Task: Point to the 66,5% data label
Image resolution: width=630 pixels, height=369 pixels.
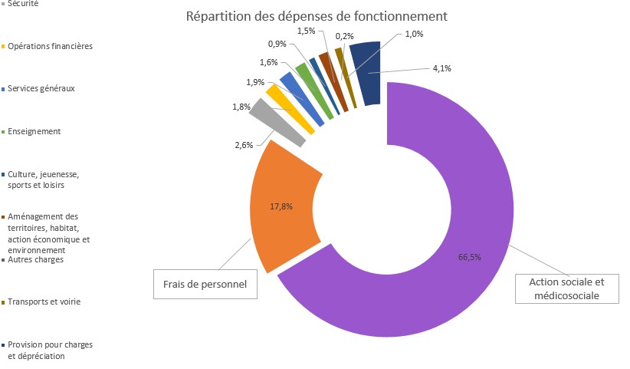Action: click(469, 257)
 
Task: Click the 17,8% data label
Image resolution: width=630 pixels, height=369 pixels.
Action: click(281, 206)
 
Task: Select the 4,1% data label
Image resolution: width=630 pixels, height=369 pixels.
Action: click(441, 68)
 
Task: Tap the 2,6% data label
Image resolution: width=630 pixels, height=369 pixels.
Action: click(243, 146)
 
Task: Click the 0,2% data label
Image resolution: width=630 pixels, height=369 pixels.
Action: click(345, 36)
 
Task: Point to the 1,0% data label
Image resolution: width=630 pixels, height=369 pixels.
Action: click(415, 34)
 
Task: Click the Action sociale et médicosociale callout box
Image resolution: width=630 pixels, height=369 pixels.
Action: click(567, 288)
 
